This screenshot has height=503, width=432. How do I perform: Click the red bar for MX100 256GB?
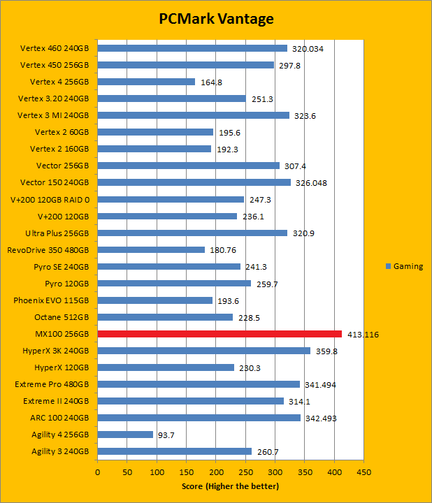click(x=219, y=334)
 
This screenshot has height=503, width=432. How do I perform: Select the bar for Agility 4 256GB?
click(x=125, y=435)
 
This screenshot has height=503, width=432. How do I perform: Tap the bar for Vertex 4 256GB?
click(x=146, y=82)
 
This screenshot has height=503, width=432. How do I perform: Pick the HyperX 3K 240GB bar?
click(x=203, y=351)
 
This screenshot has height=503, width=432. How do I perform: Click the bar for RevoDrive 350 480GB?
click(x=151, y=249)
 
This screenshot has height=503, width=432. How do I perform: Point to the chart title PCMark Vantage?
click(x=215, y=19)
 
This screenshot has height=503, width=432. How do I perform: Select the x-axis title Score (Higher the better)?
click(x=230, y=486)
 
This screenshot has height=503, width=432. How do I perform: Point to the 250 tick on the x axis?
click(x=245, y=472)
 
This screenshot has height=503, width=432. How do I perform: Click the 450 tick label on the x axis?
click(x=363, y=472)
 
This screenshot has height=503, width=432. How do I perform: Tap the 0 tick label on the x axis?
click(x=98, y=472)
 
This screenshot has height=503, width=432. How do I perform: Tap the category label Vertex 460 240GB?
click(x=55, y=48)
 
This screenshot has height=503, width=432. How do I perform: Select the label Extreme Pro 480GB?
click(x=52, y=384)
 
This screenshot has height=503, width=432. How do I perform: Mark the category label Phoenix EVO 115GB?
click(x=51, y=300)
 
